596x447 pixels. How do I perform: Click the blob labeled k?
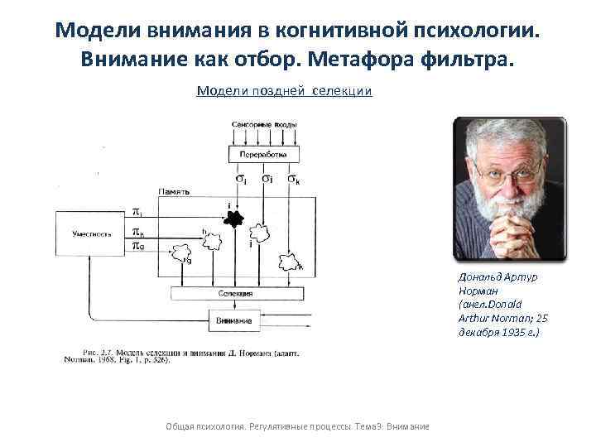click(x=291, y=262)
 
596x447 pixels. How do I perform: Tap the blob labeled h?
click(x=213, y=241)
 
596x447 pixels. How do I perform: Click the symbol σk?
click(x=295, y=178)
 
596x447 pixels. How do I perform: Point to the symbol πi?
click(x=137, y=214)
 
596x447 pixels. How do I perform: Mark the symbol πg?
click(x=137, y=246)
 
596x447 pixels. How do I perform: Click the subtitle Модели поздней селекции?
click(x=284, y=90)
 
